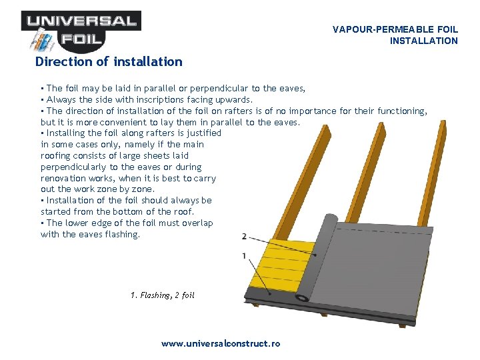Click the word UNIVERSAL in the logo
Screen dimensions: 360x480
click(x=81, y=21)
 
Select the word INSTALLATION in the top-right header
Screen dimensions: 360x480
click(x=424, y=41)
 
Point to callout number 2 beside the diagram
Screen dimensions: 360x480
click(x=244, y=236)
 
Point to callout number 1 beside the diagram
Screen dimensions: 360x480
click(x=244, y=256)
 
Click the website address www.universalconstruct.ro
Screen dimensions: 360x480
click(x=221, y=343)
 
